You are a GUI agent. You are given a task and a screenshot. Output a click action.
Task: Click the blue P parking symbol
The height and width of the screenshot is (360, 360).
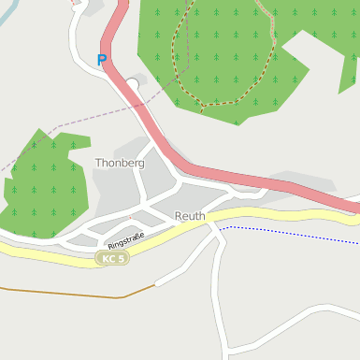pyautogui.click(x=102, y=60)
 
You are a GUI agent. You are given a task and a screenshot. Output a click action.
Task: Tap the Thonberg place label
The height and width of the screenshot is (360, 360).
pyautogui.click(x=120, y=163)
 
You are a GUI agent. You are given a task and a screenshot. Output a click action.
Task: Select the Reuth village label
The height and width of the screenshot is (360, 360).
pyautogui.click(x=190, y=216)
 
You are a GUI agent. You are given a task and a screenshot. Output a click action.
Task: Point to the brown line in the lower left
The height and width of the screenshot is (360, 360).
pyautogui.click(x=56, y=292)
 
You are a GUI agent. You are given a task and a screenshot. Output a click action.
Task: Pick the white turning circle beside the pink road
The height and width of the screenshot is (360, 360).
pyautogui.click(x=133, y=85)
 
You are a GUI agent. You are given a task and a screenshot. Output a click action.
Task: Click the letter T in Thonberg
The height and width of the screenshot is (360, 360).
pyautogui.click(x=98, y=163)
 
